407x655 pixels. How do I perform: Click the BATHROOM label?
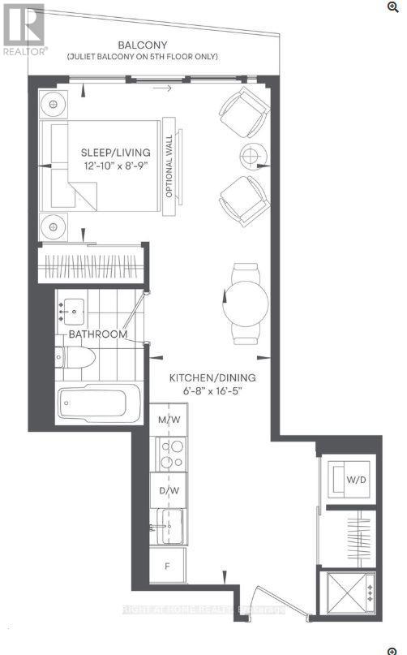[x=98, y=334]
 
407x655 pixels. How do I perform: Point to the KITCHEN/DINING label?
[x=212, y=377]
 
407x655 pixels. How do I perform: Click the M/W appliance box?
[x=169, y=420]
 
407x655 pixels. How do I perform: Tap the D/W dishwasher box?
[x=169, y=491]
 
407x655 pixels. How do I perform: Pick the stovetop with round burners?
[x=169, y=455]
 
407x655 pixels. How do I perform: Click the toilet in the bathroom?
[x=75, y=356]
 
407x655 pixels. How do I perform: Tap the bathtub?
[x=96, y=403]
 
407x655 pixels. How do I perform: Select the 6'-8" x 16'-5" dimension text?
[x=212, y=391]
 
